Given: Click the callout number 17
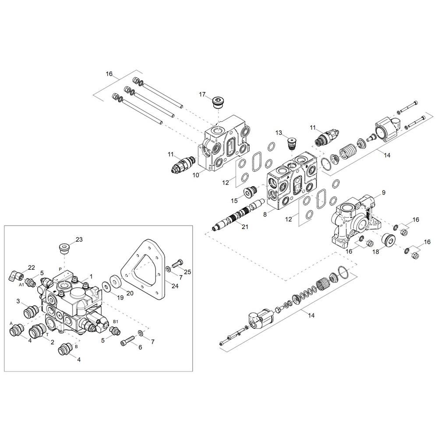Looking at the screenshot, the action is point(202,95).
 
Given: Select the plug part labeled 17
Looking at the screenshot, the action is point(219,103).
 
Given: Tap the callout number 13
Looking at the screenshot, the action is point(279,133).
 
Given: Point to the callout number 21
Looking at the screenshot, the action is point(245,227).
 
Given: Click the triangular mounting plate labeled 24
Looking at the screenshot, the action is point(143,269).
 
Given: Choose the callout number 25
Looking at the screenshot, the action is point(187,272).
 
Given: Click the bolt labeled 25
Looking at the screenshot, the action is point(176,263).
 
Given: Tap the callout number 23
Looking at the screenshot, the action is point(79,240).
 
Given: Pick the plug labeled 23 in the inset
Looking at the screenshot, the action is point(64,248).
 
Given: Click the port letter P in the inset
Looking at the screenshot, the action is point(60,269).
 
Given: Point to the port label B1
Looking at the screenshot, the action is point(116,321).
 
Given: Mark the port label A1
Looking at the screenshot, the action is point(21,285).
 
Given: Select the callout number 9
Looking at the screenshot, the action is point(384,192).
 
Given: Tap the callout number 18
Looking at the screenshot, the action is point(376,251).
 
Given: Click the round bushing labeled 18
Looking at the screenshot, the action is point(388,240).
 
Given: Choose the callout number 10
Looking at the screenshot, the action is point(196,175).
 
